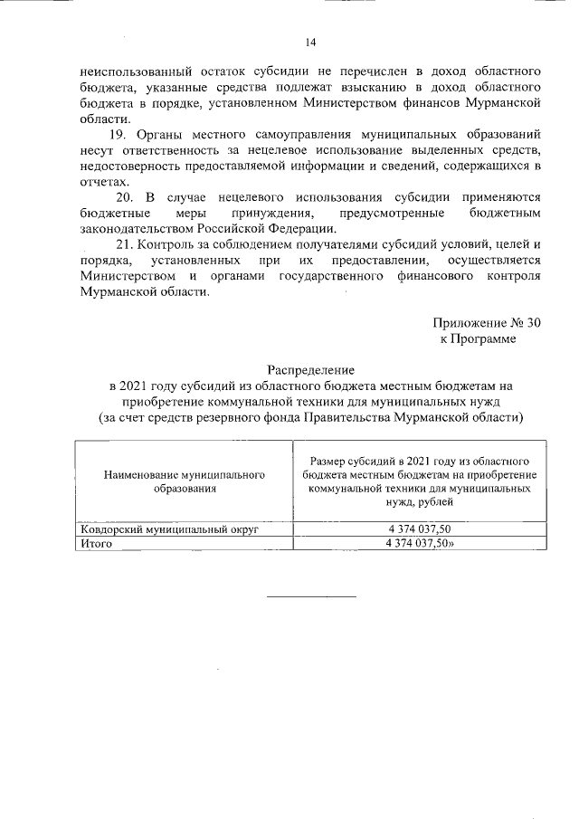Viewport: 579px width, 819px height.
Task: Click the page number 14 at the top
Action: [x=310, y=42]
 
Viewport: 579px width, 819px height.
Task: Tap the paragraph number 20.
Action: [x=126, y=196]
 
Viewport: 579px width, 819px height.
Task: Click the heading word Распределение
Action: [x=310, y=370]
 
